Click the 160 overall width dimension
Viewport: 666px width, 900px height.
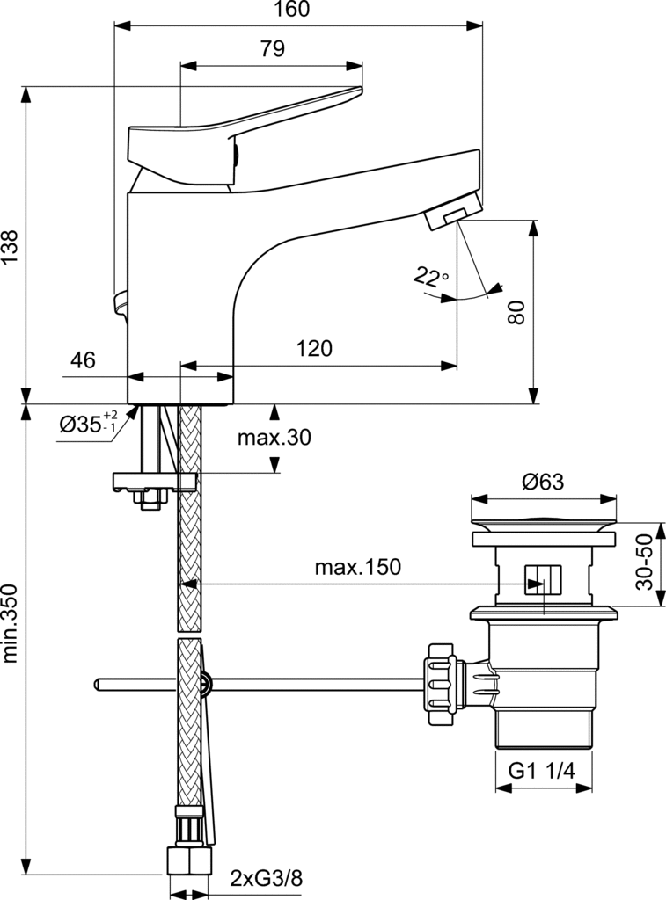[292, 9]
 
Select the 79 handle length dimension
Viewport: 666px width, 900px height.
[273, 49]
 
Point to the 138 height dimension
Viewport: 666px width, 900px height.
[10, 247]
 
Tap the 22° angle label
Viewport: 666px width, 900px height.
[430, 277]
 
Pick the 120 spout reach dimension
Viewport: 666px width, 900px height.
[314, 348]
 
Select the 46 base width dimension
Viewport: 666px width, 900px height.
[83, 359]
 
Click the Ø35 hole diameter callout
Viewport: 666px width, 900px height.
[89, 424]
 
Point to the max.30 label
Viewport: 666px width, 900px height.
[274, 438]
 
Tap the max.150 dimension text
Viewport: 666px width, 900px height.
[357, 567]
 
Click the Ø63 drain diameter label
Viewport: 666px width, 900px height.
[543, 482]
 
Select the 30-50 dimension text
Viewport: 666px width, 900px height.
[645, 562]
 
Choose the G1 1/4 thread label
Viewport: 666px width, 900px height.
[541, 771]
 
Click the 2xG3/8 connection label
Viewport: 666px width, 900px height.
[266, 878]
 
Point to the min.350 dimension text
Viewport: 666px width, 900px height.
[10, 624]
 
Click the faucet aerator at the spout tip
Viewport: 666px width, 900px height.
[453, 211]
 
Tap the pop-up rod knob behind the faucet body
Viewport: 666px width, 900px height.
[121, 302]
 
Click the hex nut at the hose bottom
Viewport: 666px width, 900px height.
[190, 860]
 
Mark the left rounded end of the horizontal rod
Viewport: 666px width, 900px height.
[97, 684]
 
